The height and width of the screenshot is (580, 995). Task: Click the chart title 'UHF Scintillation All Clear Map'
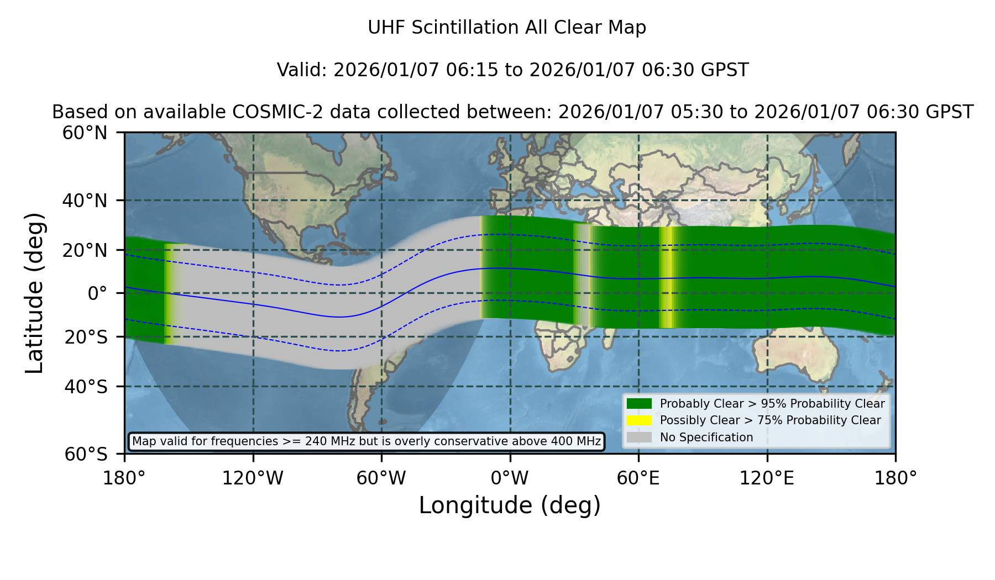point(507,28)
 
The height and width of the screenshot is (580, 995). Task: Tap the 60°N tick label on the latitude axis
point(85,133)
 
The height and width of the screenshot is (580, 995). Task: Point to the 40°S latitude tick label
point(86,387)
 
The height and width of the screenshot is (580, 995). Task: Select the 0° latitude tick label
point(97,293)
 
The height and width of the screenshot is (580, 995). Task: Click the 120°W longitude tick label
point(253,478)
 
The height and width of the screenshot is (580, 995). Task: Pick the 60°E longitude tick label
point(638,478)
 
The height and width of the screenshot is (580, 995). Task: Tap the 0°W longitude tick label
point(510,478)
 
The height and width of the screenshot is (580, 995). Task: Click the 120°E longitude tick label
point(767,478)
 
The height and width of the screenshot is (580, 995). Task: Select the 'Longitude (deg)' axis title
point(510,505)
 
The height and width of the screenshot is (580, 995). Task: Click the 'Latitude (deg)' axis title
point(34,293)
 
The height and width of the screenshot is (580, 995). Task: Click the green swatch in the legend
point(639,403)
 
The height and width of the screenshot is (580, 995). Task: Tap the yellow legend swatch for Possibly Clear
point(639,420)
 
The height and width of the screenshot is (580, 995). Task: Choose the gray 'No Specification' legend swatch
point(639,437)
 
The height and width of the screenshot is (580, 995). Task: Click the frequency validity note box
point(366,441)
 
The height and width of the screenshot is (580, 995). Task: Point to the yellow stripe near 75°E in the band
point(668,277)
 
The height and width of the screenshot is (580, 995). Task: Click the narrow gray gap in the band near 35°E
point(582,275)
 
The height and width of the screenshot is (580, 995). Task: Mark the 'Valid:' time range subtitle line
point(512,70)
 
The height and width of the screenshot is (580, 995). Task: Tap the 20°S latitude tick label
point(86,337)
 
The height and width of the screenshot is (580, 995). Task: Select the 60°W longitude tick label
point(381,478)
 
